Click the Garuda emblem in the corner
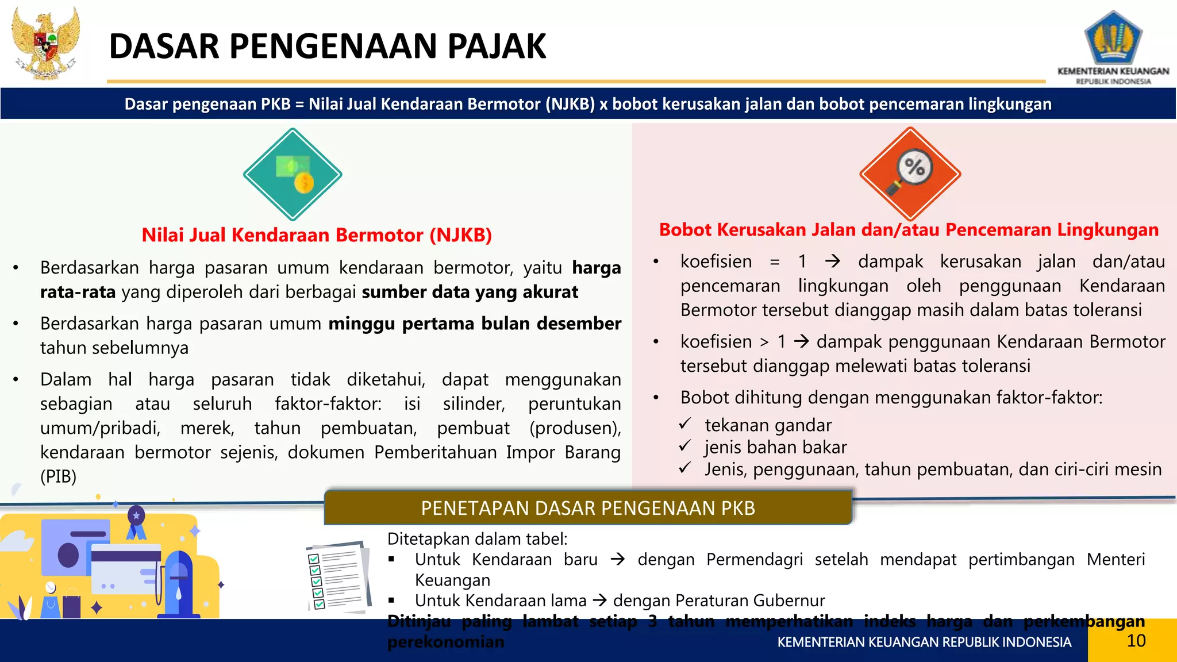[x=46, y=43]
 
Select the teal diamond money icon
[x=293, y=174]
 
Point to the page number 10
[x=1136, y=641]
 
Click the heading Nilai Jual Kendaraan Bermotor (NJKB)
[x=317, y=235]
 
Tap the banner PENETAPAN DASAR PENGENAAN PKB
[x=587, y=508]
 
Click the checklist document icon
[x=338, y=576]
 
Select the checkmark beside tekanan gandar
[x=684, y=424]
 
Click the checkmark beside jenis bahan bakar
[x=684, y=447]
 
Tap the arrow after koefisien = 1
[x=832, y=262]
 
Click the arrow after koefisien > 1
[x=801, y=342]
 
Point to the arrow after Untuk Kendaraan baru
[x=618, y=559]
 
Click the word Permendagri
[x=754, y=559]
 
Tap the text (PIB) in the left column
[x=58, y=476]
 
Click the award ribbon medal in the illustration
[x=136, y=520]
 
